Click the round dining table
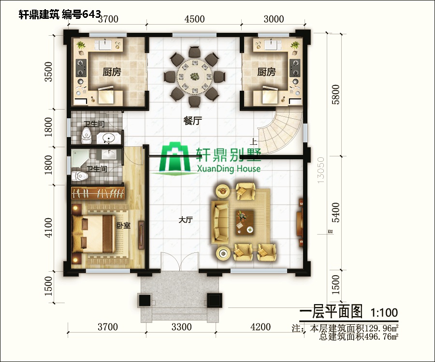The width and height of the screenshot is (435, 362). coord(194,76)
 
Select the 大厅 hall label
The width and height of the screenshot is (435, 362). coord(186,220)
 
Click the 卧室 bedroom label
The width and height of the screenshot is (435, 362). coord(123,225)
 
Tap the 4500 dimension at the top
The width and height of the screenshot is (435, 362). coord(194,19)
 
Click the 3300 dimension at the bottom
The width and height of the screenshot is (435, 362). coord(182,327)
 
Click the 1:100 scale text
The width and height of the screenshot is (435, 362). coord(384,312)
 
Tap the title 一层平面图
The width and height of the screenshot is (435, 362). coord(331,312)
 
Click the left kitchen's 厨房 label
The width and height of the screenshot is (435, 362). coord(112,72)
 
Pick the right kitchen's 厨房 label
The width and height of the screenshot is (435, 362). coord(266,72)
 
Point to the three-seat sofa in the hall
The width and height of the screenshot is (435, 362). coord(220,222)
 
